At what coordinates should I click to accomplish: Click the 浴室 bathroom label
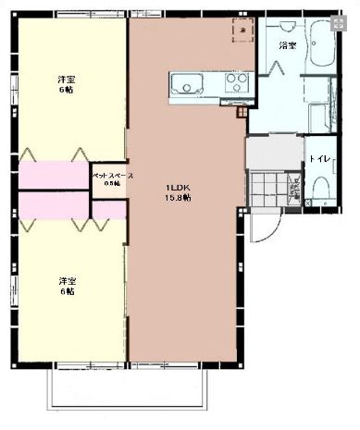coord(287,45)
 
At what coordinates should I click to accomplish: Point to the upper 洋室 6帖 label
coord(66,83)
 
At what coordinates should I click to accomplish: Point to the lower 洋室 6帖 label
coord(66,286)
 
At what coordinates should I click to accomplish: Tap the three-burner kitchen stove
coord(237,84)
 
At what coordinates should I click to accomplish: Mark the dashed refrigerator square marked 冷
coord(242,31)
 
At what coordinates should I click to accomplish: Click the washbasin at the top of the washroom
coord(318,89)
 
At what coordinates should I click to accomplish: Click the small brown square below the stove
coord(242,113)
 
